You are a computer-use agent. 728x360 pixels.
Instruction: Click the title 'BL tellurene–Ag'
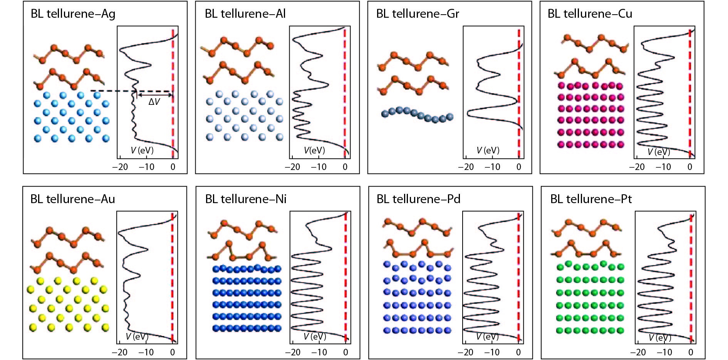(73, 14)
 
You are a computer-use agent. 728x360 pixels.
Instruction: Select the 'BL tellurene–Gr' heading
(418, 14)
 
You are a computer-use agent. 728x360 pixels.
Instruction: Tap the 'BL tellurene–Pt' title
(591, 199)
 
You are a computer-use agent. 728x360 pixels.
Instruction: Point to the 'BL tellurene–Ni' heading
(246, 199)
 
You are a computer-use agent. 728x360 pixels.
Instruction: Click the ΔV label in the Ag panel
(154, 102)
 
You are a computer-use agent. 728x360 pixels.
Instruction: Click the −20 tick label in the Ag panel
(120, 167)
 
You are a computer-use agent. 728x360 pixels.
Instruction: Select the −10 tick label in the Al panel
(319, 167)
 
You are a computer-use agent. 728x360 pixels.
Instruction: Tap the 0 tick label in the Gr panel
(518, 167)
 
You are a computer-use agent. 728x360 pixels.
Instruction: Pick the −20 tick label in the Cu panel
(637, 167)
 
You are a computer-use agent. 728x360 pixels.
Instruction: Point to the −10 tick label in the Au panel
(146, 352)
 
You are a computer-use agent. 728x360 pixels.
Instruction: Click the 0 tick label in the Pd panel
(518, 352)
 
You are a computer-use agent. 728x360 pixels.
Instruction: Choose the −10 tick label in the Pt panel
(664, 352)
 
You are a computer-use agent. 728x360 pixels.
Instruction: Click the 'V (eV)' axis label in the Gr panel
(488, 150)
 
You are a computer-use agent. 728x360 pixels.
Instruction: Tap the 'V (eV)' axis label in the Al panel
(314, 150)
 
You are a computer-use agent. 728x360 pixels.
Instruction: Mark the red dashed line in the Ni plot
(346, 278)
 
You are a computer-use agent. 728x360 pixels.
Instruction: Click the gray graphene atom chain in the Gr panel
(418, 114)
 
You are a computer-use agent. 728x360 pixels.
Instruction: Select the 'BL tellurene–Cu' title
(590, 14)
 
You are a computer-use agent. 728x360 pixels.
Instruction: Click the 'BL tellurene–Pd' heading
(418, 199)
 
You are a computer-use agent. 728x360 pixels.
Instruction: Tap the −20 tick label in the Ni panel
(293, 352)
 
